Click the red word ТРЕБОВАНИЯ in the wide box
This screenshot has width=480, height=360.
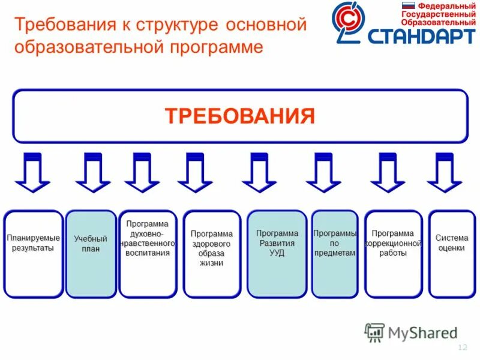pyautogui.click(x=240, y=116)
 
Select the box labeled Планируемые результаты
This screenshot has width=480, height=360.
pyautogui.click(x=34, y=254)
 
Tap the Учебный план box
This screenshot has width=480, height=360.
pyautogui.click(x=91, y=254)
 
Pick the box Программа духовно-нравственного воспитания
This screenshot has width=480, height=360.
pyautogui.click(x=148, y=254)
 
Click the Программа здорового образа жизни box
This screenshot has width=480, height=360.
pyautogui.click(x=212, y=254)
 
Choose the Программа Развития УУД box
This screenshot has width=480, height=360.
pyautogui.click(x=277, y=254)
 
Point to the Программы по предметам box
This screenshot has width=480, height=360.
pyautogui.click(x=334, y=254)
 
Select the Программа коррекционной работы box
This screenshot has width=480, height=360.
pyautogui.click(x=393, y=254)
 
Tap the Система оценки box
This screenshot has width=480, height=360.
pyautogui.click(x=451, y=254)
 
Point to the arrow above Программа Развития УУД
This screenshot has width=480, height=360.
pyautogui.click(x=259, y=173)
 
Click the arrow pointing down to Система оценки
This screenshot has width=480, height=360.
pyautogui.click(x=445, y=173)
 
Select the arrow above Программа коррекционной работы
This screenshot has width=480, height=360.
pyautogui.click(x=388, y=173)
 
